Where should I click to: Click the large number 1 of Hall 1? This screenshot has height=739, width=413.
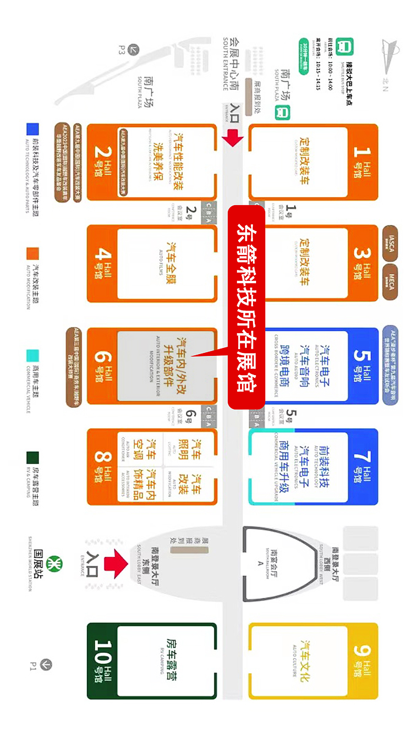tap(362, 152)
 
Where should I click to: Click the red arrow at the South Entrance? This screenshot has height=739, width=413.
tap(233, 138)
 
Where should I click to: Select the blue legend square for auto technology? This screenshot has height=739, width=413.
tap(33, 129)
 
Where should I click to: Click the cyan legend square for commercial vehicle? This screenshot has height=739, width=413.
tap(33, 355)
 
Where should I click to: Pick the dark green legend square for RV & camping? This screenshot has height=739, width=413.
tap(33, 458)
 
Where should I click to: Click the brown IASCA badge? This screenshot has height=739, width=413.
tap(390, 243)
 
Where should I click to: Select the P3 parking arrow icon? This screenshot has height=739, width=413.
tap(134, 50)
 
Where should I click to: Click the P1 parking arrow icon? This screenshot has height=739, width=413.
tap(46, 664)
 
